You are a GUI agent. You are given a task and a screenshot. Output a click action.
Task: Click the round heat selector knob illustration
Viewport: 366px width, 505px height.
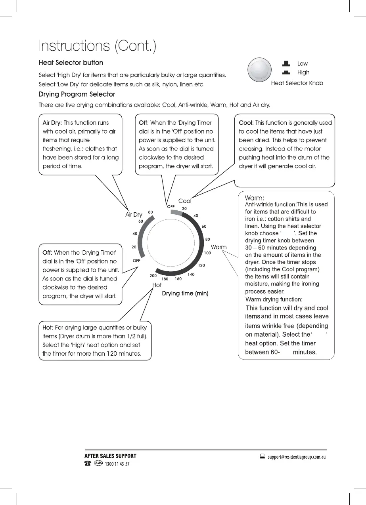click(x=259, y=70)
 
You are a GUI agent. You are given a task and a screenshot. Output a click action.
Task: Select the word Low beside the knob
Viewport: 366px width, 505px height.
click(x=303, y=64)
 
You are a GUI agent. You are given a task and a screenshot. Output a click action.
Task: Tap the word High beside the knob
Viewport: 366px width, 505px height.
click(x=303, y=72)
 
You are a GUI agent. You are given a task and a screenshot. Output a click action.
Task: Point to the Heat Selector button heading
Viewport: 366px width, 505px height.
click(x=71, y=63)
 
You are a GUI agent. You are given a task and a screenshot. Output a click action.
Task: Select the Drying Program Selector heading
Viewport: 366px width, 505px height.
click(x=77, y=95)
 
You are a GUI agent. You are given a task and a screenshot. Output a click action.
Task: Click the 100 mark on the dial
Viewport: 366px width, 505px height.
click(x=207, y=253)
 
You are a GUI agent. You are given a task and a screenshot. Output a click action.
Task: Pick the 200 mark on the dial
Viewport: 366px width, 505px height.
click(x=153, y=276)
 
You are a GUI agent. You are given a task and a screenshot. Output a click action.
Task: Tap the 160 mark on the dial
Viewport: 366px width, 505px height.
click(x=178, y=279)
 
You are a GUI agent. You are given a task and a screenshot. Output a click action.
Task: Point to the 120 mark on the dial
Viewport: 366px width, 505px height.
click(x=201, y=265)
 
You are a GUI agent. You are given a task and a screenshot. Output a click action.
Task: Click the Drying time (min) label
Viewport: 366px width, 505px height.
click(x=185, y=293)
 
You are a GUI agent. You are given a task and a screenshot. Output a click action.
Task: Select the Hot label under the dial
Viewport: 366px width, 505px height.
click(x=157, y=285)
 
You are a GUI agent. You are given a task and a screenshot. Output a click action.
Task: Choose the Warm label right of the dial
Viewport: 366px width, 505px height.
click(x=218, y=247)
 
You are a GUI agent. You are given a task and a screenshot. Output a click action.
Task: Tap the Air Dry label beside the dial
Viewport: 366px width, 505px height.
click(x=134, y=215)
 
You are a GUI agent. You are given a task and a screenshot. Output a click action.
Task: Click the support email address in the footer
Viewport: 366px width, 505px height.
click(x=297, y=457)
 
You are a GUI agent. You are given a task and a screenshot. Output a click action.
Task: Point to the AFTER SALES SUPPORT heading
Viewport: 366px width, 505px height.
click(x=110, y=456)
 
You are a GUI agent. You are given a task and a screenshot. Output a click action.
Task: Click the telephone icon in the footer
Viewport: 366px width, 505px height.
click(x=88, y=464)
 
